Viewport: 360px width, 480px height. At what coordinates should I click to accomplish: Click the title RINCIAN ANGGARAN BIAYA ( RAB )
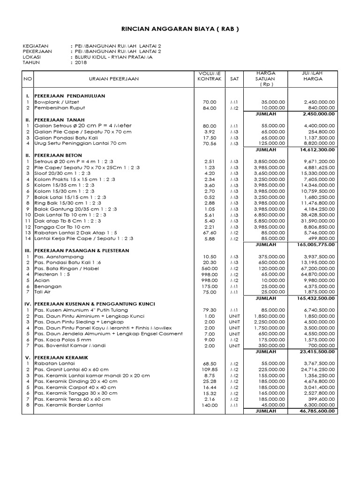pos(180,29)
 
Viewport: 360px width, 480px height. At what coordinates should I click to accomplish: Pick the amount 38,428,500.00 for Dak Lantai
pos(319,215)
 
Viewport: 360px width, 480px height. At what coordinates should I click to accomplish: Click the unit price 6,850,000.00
pos(269,215)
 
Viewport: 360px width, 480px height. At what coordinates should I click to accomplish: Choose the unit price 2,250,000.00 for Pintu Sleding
pos(269,322)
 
